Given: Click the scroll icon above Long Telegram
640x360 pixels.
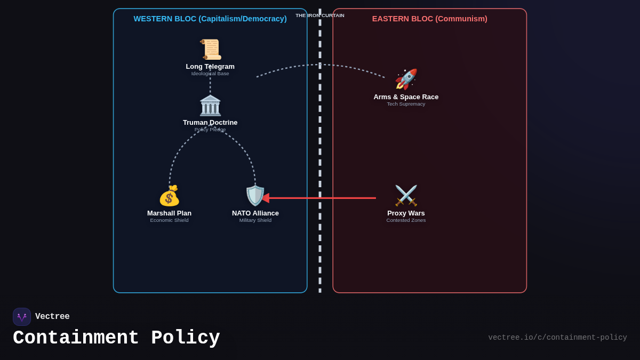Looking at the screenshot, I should coord(210,50).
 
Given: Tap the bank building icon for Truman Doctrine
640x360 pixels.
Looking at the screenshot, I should coord(210,106).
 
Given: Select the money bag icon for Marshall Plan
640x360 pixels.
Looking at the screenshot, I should coord(169,196).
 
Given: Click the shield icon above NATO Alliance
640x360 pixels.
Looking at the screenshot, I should coord(255,196).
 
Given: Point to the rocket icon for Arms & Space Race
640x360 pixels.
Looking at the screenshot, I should coord(406,79).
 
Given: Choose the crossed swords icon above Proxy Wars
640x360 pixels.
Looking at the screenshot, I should coord(406,196).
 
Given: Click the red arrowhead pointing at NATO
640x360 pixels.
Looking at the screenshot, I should coord(265,198).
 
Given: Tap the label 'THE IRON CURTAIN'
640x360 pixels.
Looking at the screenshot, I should coord(320,15).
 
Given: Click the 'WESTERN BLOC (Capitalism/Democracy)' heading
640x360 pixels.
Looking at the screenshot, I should coord(210,19).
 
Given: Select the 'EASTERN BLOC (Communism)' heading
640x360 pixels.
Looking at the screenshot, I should coord(430,19).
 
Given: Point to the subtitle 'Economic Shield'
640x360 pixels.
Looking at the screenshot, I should coord(169,220).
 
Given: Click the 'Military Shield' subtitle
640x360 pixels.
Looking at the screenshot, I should coord(255,220).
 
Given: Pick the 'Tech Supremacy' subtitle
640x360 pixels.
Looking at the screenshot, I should coord(406,104).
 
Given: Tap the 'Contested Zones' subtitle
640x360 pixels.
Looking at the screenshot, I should coord(406,220).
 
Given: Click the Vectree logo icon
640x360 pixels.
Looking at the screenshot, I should coord(22,317).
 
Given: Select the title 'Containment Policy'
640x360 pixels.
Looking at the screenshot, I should coord(116,338).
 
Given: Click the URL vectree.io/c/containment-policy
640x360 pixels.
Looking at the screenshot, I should coord(557,338).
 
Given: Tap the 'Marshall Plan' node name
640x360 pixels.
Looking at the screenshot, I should coord(169,213).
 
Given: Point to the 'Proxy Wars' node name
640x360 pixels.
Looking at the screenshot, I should coord(406,213).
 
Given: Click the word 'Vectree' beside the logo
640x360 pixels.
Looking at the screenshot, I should coord(52,317).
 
